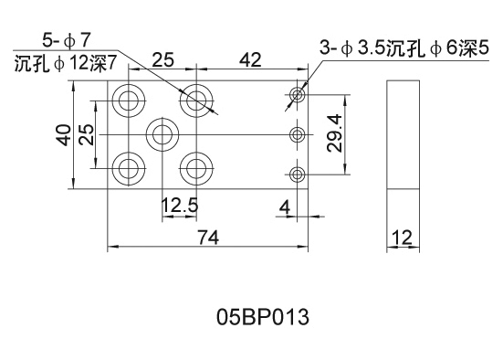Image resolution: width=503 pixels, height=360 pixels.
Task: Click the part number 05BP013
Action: tap(263, 317)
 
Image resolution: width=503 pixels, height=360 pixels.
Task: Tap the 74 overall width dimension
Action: tap(208, 238)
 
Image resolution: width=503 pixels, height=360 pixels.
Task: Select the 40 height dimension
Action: tap(64, 135)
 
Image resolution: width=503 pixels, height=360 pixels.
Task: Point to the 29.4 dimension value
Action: tap(335, 133)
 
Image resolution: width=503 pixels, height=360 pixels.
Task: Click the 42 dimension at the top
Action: tap(250, 59)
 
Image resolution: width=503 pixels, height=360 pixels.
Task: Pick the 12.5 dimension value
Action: tap(180, 206)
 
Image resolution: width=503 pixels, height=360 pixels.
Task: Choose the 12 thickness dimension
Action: tap(402, 238)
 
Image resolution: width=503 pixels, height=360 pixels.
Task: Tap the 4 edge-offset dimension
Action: tap(285, 206)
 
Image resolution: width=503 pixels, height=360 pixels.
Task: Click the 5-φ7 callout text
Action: tap(67, 41)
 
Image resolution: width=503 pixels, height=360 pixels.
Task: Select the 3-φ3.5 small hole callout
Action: tap(404, 48)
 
